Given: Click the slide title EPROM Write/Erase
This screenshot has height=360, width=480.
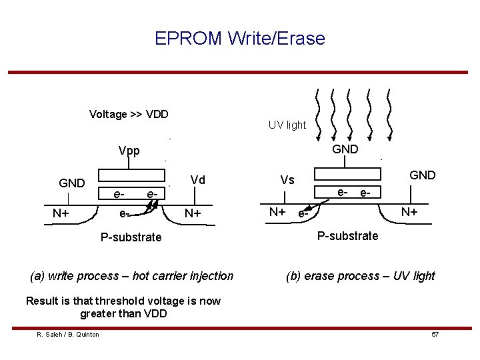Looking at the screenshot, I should coord(240,39).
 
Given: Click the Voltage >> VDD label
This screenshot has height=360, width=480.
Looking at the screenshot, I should coord(129,114).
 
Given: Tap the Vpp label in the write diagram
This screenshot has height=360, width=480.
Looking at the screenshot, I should coord(129,151).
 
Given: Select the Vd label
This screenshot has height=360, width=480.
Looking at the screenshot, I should coord(198,180).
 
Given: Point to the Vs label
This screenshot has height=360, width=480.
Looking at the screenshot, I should coord(287,180).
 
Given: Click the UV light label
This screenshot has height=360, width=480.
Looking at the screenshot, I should coord(287,125).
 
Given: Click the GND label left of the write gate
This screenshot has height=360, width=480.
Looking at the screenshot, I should coord(72,183).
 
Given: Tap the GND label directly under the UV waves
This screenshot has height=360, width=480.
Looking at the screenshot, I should coord(345,149).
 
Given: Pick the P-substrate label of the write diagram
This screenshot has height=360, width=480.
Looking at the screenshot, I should coord(131,237).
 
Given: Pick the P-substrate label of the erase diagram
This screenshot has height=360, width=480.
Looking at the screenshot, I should coord(347,235).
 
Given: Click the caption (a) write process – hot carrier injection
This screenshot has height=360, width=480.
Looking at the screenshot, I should coord(132,275).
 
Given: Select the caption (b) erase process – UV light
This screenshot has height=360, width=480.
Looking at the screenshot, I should coord(360,275).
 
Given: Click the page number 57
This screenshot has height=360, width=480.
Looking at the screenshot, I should coord(435,334).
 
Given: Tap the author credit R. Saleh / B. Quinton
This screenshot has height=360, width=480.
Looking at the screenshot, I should coord(68,334).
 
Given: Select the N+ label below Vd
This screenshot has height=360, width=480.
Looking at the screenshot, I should coord(194,213).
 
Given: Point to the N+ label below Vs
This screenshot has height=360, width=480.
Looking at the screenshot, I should coord(277,212).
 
